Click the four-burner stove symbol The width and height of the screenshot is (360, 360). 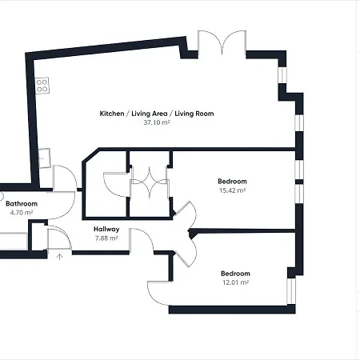[x=42, y=86]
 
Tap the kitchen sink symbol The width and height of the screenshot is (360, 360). [x=45, y=158]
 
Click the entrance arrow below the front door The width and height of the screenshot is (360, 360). [x=60, y=257]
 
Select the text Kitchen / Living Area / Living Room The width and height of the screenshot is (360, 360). [x=157, y=114]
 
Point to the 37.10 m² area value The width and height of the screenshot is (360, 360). [x=157, y=122]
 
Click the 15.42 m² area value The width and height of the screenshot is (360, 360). [x=232, y=190]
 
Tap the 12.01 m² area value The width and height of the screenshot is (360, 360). [x=235, y=282]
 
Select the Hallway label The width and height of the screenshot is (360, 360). [x=106, y=229]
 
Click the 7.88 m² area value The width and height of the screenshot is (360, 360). [x=106, y=238]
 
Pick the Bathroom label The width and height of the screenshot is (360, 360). [x=22, y=204]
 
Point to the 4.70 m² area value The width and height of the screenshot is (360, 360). [x=22, y=213]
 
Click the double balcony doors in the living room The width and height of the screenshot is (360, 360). [x=222, y=42]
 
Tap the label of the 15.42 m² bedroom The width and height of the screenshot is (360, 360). [x=232, y=182]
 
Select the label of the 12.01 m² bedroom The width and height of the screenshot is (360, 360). [x=235, y=274]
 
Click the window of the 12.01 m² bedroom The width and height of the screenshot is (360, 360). [x=291, y=291]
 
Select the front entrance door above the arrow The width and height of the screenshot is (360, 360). [x=59, y=238]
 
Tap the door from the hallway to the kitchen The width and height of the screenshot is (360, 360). [x=65, y=178]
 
